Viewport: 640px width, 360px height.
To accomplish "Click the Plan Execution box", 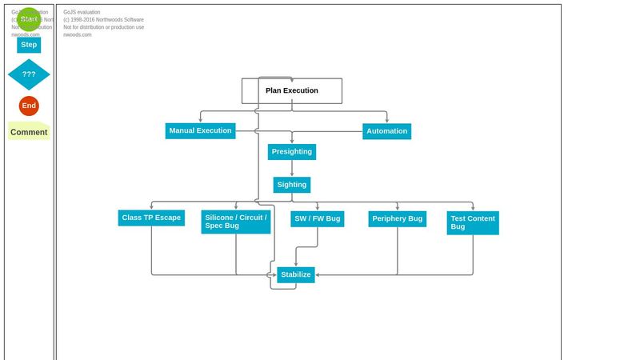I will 292,90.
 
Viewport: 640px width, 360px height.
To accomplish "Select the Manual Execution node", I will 200,130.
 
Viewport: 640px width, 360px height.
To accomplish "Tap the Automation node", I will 386,131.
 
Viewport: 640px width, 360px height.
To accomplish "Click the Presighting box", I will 291,152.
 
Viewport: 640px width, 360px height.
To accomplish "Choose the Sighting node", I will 291,185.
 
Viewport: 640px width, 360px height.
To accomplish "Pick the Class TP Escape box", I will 151,218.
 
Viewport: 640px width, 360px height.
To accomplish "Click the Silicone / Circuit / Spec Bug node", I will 235,222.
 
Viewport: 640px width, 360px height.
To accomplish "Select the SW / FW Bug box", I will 317,218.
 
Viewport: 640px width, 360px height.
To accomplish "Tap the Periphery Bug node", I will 397,218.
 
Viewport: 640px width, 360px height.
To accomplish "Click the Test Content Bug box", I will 472,222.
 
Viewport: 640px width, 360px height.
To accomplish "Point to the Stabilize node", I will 295,274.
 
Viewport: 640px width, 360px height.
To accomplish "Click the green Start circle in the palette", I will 29,19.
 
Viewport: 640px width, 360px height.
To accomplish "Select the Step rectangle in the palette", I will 29,45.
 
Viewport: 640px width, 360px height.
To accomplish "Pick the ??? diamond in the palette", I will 29,74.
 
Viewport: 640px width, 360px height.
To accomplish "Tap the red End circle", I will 29,106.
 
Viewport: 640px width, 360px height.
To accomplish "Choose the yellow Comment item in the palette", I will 29,132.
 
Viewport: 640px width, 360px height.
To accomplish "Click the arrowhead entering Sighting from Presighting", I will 291,174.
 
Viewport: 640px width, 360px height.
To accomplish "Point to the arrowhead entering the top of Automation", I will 387,121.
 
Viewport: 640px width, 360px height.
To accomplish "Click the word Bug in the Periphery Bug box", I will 414,218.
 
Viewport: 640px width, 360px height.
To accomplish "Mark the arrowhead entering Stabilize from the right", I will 318,274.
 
